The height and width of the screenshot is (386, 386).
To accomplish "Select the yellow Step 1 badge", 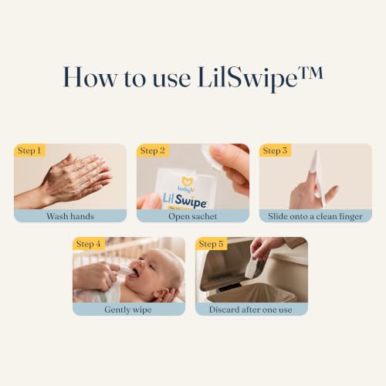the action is coord(29,151).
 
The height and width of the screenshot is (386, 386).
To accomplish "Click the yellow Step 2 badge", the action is coord(153,151).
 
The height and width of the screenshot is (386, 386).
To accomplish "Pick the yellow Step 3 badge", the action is coord(275,151).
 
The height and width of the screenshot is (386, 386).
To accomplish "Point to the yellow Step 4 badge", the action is coord(89,244).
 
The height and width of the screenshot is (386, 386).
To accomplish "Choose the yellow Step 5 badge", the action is coord(211,244).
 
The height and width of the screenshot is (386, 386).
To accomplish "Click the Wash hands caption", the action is coord(70,216).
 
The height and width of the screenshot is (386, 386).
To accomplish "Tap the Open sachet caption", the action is coord(193,216).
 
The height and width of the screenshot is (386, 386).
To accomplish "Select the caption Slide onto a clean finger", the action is coord(316,216).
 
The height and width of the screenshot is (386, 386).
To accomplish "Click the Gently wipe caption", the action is coord(128,310).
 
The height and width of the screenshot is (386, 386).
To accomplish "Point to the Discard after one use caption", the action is coord(251,310).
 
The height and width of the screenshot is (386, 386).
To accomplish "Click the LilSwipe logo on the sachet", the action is coord(185,201).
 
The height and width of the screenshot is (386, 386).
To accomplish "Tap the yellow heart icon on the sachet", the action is coord(188,181).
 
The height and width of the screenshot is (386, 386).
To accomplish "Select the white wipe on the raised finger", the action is coord(314,161).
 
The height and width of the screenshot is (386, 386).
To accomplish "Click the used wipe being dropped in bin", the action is coord(250,268).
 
